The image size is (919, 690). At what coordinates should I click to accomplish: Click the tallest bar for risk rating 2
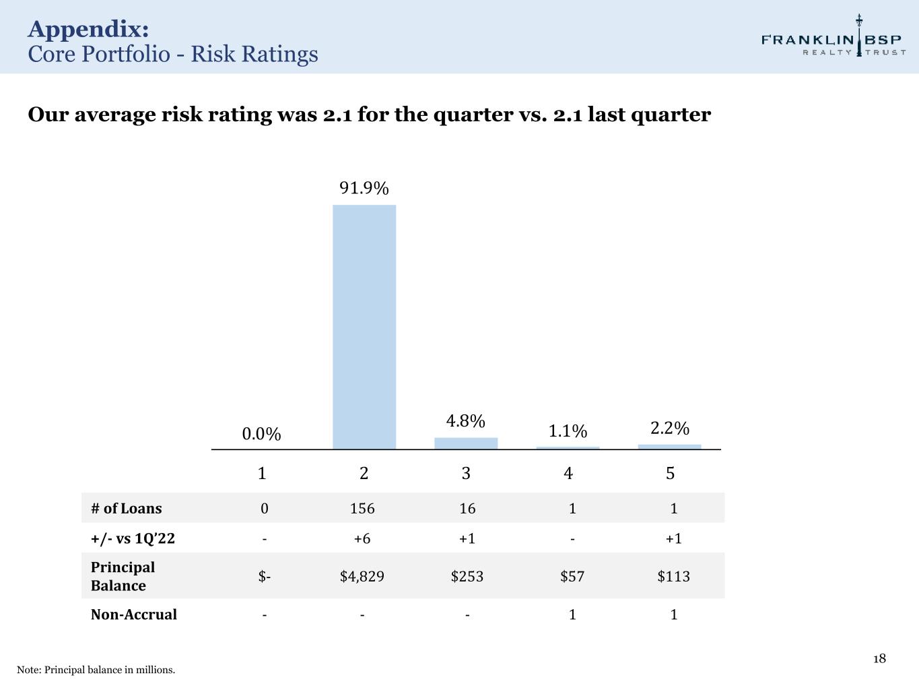[x=364, y=327]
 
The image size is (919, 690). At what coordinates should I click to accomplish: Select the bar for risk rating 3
[x=466, y=443]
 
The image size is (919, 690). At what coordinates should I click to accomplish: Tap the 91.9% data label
[x=364, y=188]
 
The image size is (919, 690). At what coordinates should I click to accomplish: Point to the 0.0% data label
[x=262, y=434]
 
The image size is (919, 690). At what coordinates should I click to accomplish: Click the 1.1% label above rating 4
[x=568, y=431]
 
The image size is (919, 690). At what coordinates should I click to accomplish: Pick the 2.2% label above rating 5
[x=670, y=428]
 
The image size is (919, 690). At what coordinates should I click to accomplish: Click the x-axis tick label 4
[x=568, y=474]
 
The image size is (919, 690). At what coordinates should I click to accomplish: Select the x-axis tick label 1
[x=262, y=474]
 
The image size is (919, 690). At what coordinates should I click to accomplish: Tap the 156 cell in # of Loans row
[x=362, y=508]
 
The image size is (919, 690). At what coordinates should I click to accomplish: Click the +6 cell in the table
[x=362, y=538]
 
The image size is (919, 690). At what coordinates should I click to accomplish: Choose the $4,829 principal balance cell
[x=362, y=576]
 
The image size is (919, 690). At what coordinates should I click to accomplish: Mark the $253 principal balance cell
[x=467, y=576]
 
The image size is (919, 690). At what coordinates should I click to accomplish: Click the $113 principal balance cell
[x=674, y=576]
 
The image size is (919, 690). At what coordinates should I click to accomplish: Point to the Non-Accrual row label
[x=134, y=615]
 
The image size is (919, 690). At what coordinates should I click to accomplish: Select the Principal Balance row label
[x=123, y=576]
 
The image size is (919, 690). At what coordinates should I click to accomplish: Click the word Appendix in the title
[x=88, y=29]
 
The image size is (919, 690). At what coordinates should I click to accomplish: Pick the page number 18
[x=879, y=659]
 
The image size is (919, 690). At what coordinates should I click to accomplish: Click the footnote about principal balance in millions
[x=96, y=670]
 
